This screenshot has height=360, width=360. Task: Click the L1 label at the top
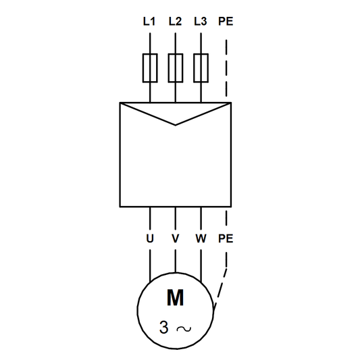(x=149, y=21)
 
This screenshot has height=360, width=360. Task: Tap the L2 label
(x=175, y=21)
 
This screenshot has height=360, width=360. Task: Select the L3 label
(x=200, y=21)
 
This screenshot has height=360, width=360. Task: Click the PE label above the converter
(x=226, y=21)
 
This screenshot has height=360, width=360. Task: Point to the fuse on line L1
(x=149, y=68)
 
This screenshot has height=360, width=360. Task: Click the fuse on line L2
(x=175, y=68)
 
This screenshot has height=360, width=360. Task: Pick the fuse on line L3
(x=201, y=68)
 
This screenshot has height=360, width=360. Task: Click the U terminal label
(x=149, y=238)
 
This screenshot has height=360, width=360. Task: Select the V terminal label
(x=175, y=238)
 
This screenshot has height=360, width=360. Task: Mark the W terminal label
(x=201, y=238)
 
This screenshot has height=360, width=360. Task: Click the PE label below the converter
(x=226, y=238)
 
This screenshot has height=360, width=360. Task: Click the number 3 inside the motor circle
(x=163, y=328)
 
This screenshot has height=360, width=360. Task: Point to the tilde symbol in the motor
(x=183, y=329)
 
